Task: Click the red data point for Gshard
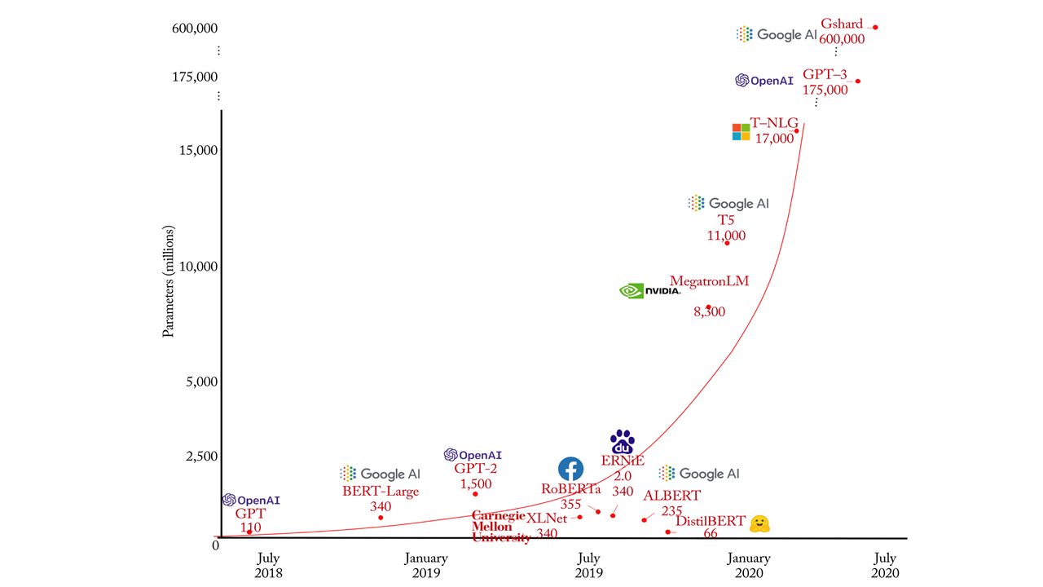click(x=875, y=27)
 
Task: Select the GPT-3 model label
click(x=825, y=74)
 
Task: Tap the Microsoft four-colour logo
click(x=741, y=132)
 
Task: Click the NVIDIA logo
click(x=650, y=290)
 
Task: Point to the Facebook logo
click(x=570, y=469)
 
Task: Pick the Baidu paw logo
click(x=623, y=442)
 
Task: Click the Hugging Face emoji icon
click(x=759, y=523)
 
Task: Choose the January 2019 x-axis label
click(x=426, y=566)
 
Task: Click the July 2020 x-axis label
click(x=885, y=566)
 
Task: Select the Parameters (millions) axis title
click(x=169, y=281)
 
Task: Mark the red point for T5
click(x=727, y=243)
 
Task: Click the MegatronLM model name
click(x=709, y=281)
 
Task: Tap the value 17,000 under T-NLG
click(x=773, y=139)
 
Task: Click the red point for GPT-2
click(x=475, y=494)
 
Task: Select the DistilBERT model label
click(x=710, y=521)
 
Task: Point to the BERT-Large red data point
click(x=381, y=518)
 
